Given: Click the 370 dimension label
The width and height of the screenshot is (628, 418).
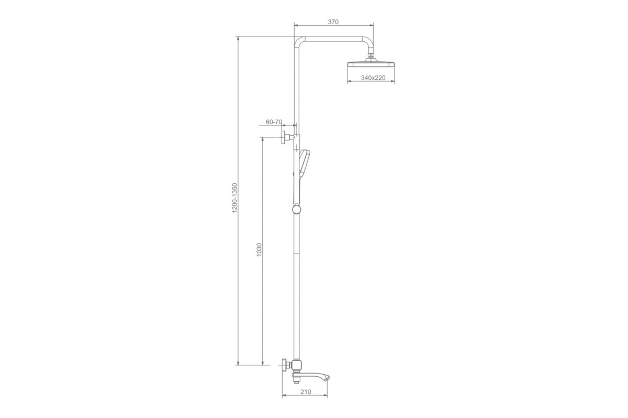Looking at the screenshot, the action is click(x=333, y=22).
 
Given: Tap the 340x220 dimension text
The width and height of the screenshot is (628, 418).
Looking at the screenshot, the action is click(x=373, y=78).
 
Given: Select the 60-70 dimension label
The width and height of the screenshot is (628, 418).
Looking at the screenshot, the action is click(x=274, y=122).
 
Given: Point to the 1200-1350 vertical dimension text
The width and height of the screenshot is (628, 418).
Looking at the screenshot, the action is click(x=234, y=198).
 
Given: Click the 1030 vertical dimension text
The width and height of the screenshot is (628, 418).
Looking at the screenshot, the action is click(x=259, y=250).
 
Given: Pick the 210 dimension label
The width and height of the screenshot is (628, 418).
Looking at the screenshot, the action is click(x=306, y=392).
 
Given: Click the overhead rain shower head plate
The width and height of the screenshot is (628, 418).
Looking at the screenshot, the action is click(x=371, y=64).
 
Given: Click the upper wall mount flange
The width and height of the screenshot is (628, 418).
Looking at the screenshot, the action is click(x=284, y=137).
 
